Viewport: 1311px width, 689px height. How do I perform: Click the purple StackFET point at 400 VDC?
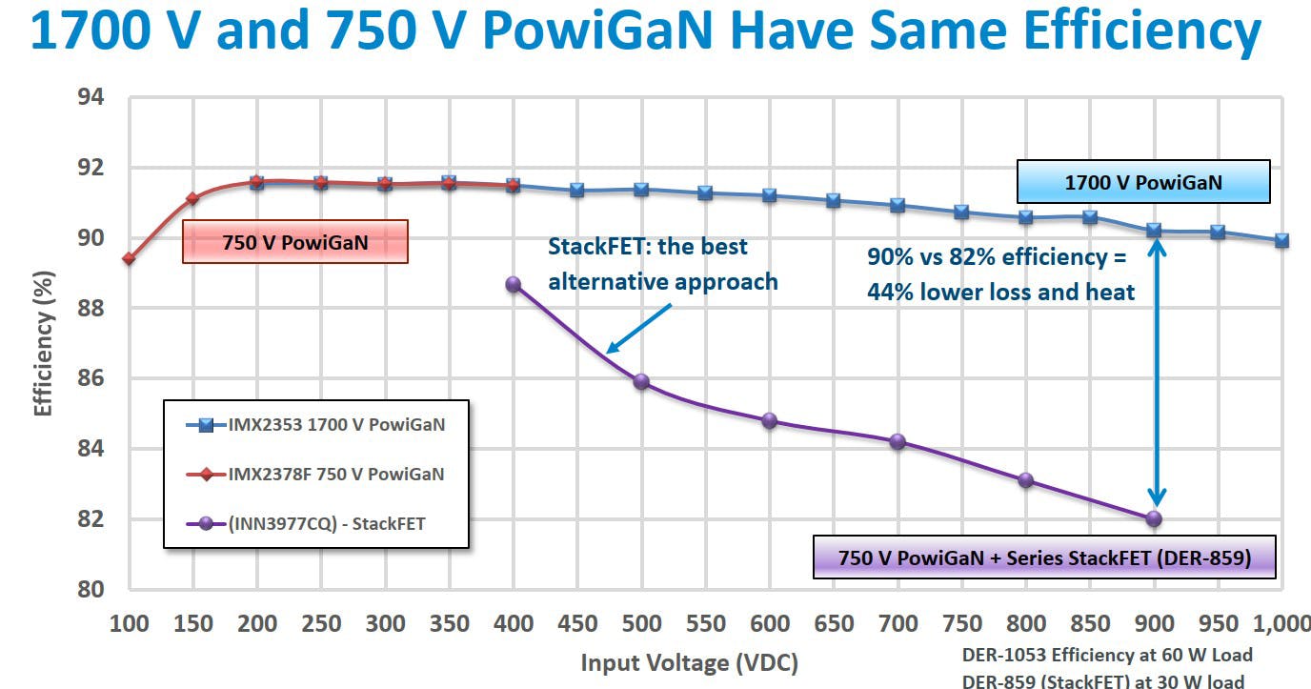point(514,284)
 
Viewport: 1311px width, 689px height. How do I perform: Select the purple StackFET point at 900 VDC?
point(1154,518)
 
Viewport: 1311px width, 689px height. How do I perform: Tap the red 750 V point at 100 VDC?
point(129,258)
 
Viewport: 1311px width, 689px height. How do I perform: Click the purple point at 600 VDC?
point(770,420)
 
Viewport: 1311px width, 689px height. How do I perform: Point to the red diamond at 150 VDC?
point(192,198)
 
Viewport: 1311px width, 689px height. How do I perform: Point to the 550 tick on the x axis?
point(705,624)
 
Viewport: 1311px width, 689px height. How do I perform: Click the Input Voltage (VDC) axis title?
point(689,662)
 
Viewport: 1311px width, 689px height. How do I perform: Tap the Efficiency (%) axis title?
point(44,343)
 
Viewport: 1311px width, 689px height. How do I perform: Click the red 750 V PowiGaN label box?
point(295,242)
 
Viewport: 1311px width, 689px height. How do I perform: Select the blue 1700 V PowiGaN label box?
point(1143,181)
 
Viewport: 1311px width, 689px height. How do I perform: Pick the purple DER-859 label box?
point(1043,557)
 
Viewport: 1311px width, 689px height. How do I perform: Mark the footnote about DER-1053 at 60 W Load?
point(1107,655)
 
